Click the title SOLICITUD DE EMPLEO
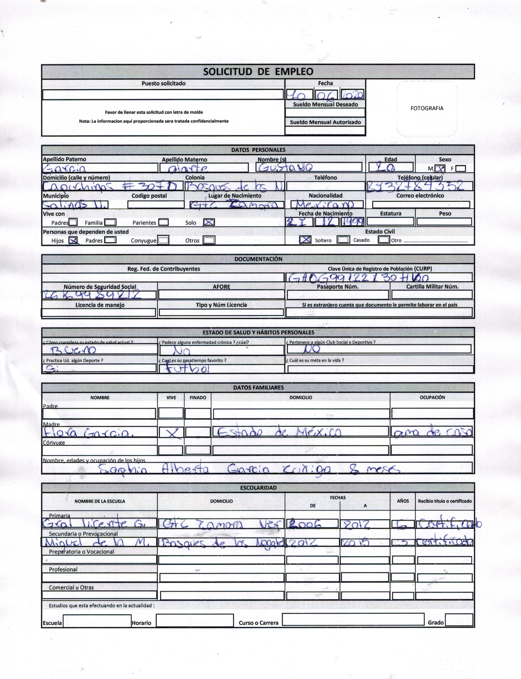pos(258,72)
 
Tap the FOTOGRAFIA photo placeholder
pos(427,108)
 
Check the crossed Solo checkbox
pos(209,222)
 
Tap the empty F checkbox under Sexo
pos(461,168)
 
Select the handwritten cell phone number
pos(415,186)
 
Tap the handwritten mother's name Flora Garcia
pos(89,433)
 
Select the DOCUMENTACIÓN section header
pos(258,259)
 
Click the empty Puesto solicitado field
pos(163,94)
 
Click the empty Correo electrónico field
pos(421,205)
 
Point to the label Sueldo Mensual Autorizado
pos(325,122)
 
